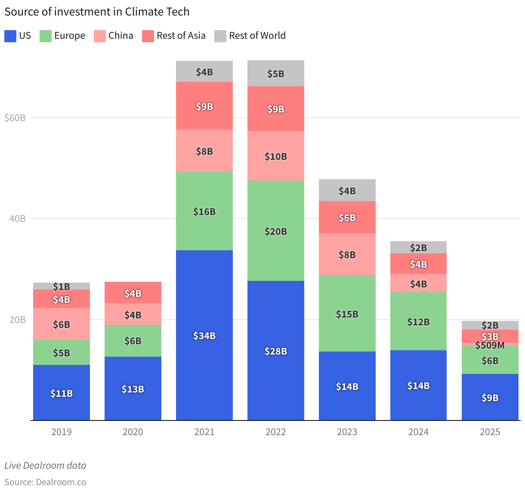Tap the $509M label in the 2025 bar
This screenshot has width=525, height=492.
[490, 346]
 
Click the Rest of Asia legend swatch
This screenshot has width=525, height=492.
[148, 36]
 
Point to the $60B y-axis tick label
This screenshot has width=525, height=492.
[15, 118]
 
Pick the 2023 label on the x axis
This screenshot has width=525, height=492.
[347, 432]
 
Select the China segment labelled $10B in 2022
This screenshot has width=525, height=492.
[275, 156]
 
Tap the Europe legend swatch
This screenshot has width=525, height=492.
[46, 36]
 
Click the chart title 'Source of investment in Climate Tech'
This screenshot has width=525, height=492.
[97, 12]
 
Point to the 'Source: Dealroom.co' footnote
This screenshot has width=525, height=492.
[45, 482]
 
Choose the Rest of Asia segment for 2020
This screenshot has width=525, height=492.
[133, 293]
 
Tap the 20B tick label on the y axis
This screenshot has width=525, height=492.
[18, 320]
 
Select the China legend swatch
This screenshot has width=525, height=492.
[100, 36]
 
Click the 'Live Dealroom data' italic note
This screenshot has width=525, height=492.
[45, 466]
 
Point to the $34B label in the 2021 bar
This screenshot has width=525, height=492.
[204, 336]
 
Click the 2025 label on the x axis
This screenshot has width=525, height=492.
[490, 432]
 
